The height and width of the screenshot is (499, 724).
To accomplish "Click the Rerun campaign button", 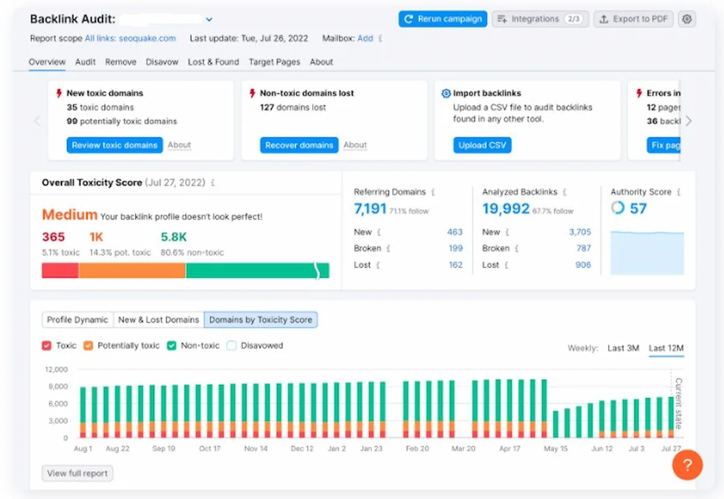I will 443,19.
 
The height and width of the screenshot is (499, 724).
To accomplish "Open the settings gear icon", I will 687,19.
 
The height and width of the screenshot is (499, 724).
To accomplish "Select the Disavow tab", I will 162,62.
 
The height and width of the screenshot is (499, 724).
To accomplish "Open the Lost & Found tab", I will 214,62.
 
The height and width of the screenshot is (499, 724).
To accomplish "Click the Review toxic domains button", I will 115,145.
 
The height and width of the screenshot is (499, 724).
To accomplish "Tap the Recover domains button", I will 299,145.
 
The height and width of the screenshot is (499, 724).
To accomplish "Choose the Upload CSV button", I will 482,145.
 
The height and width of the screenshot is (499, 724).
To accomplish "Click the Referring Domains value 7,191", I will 370,209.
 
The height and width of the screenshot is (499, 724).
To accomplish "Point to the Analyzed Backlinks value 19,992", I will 506,209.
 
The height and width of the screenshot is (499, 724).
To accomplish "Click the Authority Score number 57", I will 638,209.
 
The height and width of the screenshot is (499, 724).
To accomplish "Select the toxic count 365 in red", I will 53,237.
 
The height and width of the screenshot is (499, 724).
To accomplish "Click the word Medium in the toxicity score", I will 69,215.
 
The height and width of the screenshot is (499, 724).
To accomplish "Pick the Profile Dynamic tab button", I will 78,320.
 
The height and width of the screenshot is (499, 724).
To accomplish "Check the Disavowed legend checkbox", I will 232,346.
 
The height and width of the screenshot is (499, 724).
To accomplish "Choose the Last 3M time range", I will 623,348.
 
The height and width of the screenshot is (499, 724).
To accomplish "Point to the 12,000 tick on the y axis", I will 56,369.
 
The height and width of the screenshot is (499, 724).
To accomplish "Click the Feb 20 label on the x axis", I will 417,449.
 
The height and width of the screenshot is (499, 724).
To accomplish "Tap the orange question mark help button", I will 687,465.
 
